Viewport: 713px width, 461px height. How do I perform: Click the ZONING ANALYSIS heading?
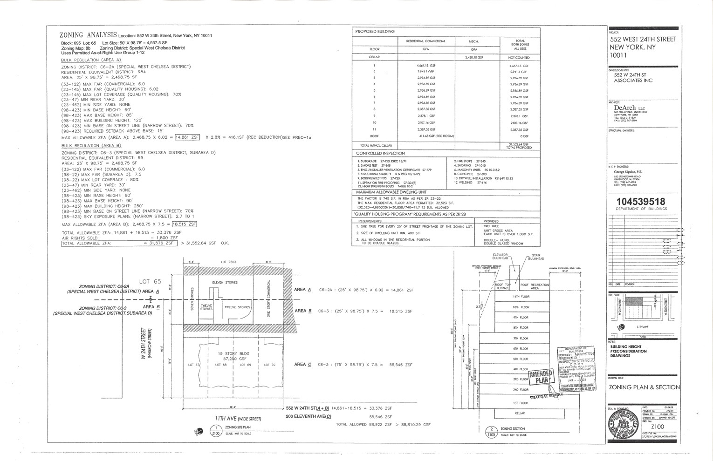pos(88,35)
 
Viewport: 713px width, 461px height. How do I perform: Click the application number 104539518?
pos(641,202)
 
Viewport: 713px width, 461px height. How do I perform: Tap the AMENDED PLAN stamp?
pos(540,376)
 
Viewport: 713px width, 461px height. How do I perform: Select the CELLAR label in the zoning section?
pos(520,413)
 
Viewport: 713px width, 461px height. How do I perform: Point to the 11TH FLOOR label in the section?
pos(521,297)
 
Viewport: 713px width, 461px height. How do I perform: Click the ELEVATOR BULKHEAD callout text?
pos(500,257)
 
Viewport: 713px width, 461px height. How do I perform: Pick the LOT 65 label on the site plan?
pos(150,281)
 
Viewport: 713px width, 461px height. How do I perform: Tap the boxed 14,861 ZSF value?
pos(187,137)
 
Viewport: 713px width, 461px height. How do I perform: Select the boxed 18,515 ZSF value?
pos(185,224)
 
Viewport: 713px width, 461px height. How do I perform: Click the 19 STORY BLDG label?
pos(231,353)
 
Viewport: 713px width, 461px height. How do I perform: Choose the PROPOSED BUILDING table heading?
pos(375,32)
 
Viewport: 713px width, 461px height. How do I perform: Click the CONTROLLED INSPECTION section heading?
pos(380,153)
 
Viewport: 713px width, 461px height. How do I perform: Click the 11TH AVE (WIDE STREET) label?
pos(238,419)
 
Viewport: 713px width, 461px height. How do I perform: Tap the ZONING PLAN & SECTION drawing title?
pos(644,387)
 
